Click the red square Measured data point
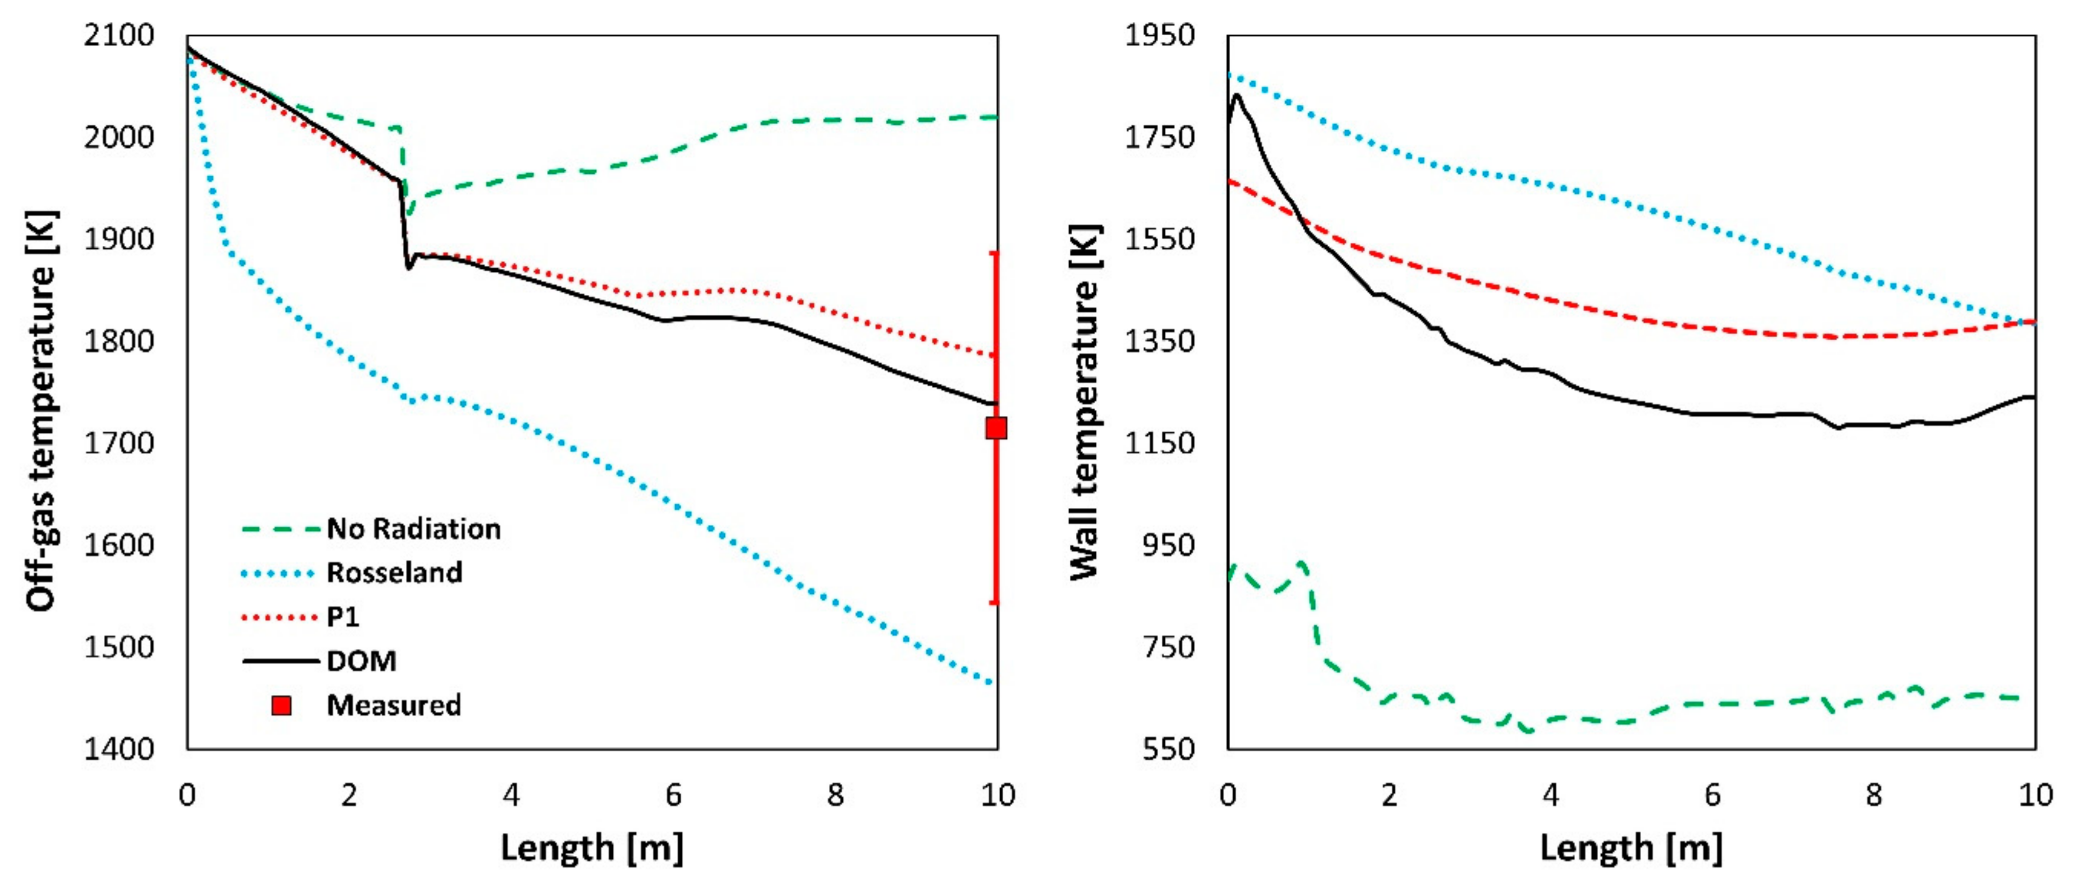tap(996, 428)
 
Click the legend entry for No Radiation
tap(413, 529)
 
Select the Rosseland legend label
tap(395, 573)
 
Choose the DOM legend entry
tap(361, 661)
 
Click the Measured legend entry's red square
tap(282, 706)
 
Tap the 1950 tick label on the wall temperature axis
tap(1159, 35)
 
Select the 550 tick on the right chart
tap(1168, 749)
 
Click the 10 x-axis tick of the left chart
tap(998, 796)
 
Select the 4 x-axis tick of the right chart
tap(1551, 796)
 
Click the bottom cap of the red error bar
tap(995, 602)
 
